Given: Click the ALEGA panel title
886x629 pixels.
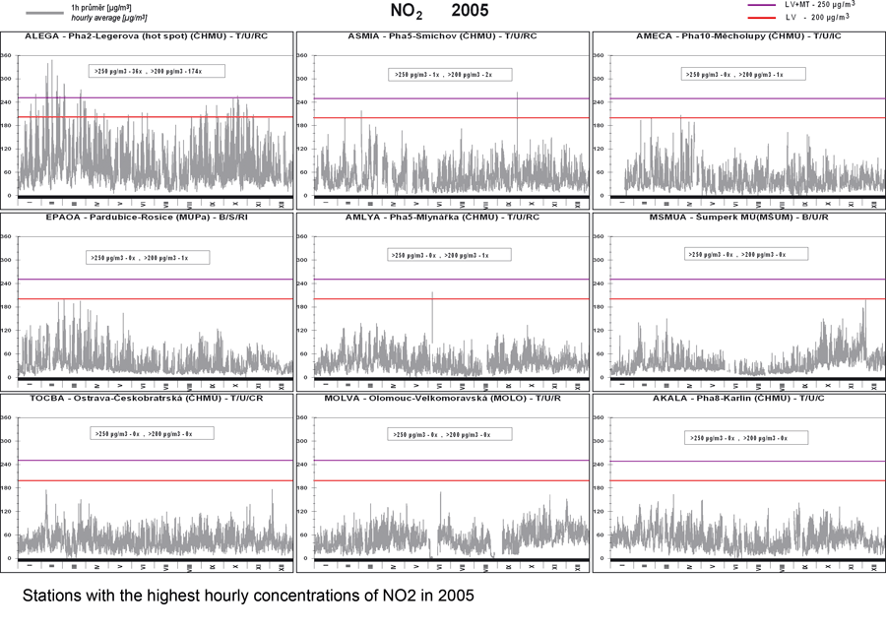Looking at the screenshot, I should click(147, 36).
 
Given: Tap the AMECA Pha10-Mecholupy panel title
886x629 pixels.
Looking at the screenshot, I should click(737, 36).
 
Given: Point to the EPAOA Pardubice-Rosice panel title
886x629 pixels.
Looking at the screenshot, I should click(147, 217).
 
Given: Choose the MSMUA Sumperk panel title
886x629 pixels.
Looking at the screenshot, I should click(737, 217).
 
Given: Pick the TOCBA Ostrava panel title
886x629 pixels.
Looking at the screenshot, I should click(147, 398).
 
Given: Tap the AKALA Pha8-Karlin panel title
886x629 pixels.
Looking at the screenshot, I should click(737, 398).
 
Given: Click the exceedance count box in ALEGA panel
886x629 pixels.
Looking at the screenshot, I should click(157, 72).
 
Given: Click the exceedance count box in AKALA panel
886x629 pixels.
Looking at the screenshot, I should click(739, 437).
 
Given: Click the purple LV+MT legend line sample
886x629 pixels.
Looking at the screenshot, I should click(762, 5).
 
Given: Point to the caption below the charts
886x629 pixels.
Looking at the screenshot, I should click(247, 597).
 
